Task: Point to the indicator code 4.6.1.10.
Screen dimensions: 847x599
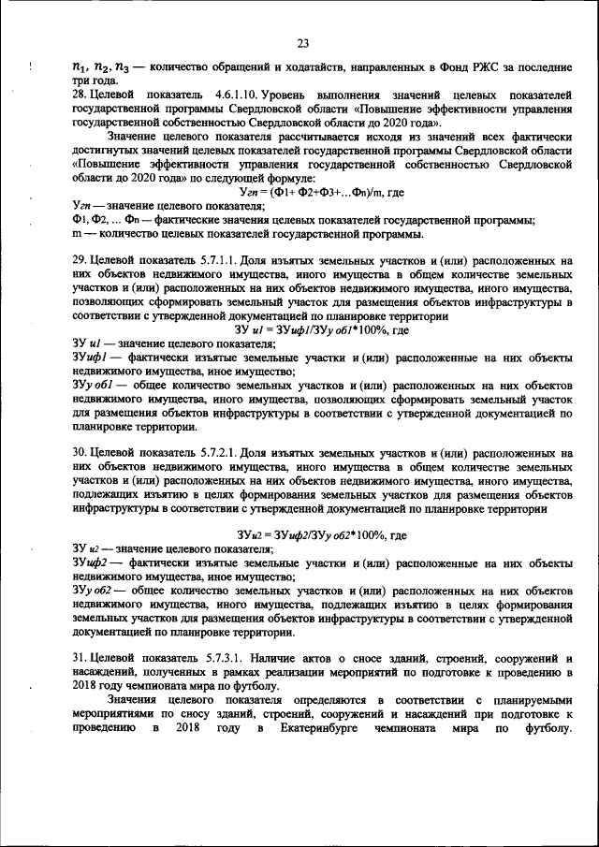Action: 229,96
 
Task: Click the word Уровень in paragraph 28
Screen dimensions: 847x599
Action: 287,96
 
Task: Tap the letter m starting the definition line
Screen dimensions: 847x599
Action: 77,233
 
